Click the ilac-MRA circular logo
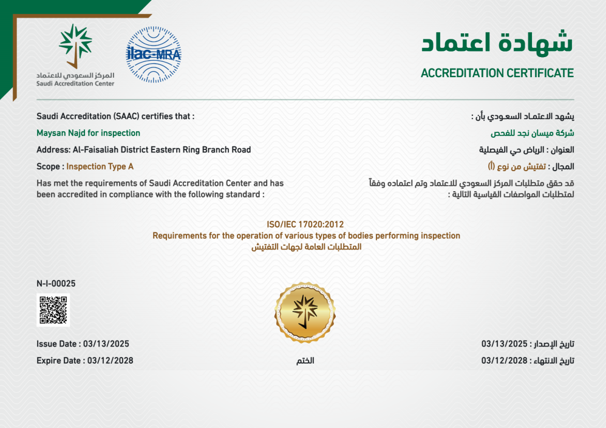pos(153,55)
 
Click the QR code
pos(53,310)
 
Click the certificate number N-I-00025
pos(56,283)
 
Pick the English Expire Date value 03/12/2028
pos(110,360)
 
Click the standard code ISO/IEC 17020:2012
pos(305,225)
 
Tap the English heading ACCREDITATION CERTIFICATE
pos(497,73)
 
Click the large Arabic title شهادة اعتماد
pos(497,42)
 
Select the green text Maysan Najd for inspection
pos(88,133)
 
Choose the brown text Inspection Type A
pos(100,166)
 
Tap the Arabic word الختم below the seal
pos(305,361)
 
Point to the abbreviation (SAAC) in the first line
pos(126,115)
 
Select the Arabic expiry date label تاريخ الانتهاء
pos(554,361)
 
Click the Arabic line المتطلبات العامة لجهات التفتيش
pos(305,247)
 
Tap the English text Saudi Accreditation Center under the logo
pos(75,84)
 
